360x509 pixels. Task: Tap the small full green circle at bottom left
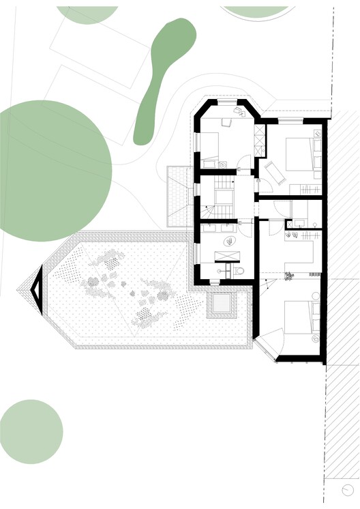[31, 431]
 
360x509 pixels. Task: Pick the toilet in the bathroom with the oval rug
[238, 272]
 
